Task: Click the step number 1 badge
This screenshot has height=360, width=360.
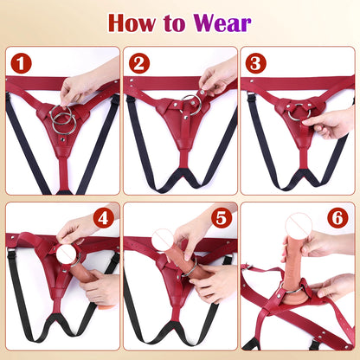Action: (x=20, y=63)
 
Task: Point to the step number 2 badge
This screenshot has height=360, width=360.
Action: (x=138, y=63)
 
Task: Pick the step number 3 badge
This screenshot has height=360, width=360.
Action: (x=255, y=63)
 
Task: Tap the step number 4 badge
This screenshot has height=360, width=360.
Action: (x=104, y=219)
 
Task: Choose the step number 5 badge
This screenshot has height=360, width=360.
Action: (x=222, y=219)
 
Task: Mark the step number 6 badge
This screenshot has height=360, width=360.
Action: (x=339, y=218)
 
